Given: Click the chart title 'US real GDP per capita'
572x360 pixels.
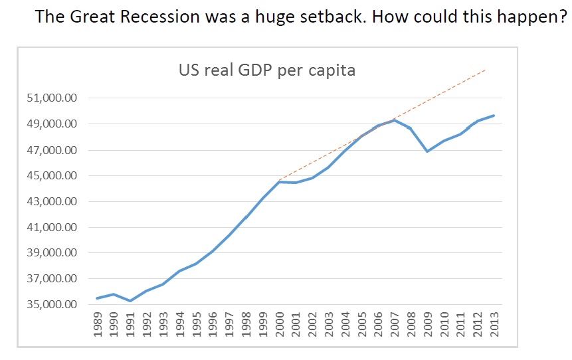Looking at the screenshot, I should point(266,70).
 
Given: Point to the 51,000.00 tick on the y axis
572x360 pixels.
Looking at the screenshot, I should point(52,98).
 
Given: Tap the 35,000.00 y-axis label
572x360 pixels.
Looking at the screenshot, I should point(52,305).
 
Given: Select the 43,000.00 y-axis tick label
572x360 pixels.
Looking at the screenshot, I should point(52,202).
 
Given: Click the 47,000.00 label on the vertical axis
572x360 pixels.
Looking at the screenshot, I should point(52,150).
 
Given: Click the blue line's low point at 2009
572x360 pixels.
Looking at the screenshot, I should point(428,151).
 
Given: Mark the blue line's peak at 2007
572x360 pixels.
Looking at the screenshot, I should point(395,120).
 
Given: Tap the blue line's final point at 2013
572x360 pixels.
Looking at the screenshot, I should point(494,116).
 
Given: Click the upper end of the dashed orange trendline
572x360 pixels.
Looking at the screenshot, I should point(486,68).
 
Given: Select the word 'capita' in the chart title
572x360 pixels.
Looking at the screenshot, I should point(333,70).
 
